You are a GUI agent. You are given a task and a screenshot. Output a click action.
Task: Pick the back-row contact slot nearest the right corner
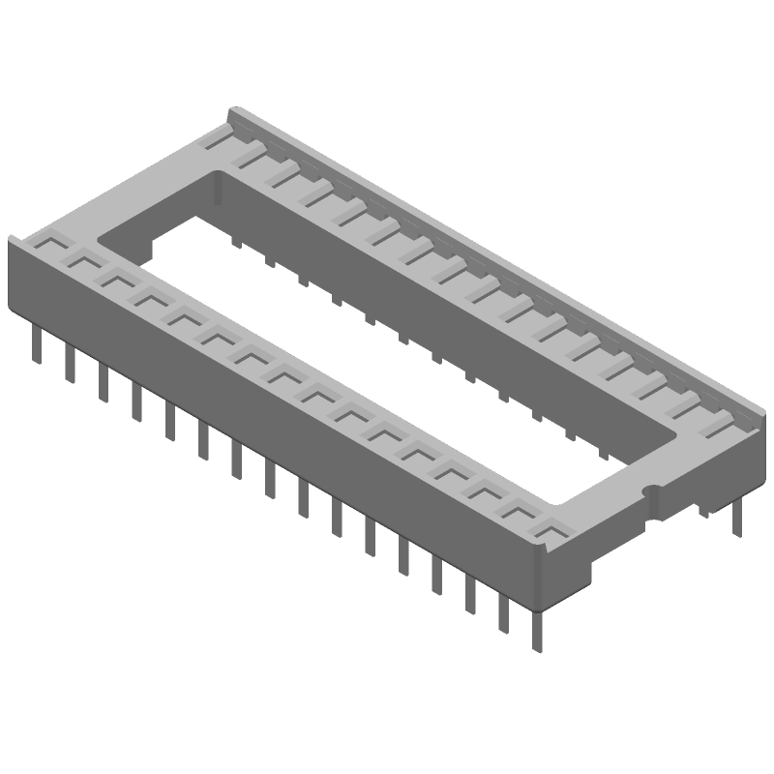pos(717,418)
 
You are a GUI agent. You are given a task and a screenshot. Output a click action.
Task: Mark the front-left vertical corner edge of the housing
pos(11,276)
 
